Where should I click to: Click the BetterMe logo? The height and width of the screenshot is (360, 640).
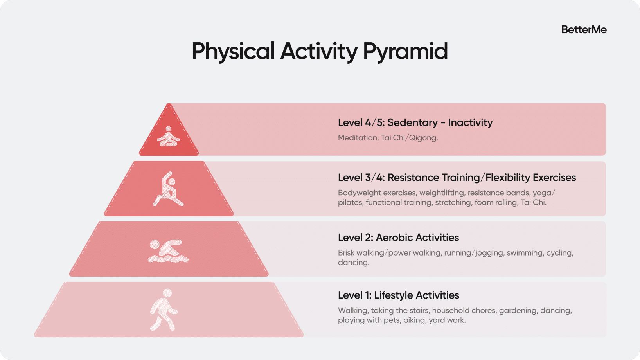tap(584, 30)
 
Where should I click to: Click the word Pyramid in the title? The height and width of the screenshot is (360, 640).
tap(405, 52)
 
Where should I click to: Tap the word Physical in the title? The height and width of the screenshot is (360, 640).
tap(233, 52)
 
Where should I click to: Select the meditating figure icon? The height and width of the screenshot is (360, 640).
tap(168, 136)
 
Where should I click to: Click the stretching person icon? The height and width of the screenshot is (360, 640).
tap(168, 189)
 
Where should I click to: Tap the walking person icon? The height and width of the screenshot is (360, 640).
tap(164, 310)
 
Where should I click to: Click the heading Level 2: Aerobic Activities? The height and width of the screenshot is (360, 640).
tap(398, 238)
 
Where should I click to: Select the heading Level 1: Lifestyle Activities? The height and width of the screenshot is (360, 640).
tap(398, 295)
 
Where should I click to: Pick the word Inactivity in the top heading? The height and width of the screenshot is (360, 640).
tap(470, 123)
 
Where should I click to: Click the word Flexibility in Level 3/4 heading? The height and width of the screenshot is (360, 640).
tap(508, 178)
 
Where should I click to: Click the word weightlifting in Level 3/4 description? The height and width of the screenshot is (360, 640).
tap(442, 193)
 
